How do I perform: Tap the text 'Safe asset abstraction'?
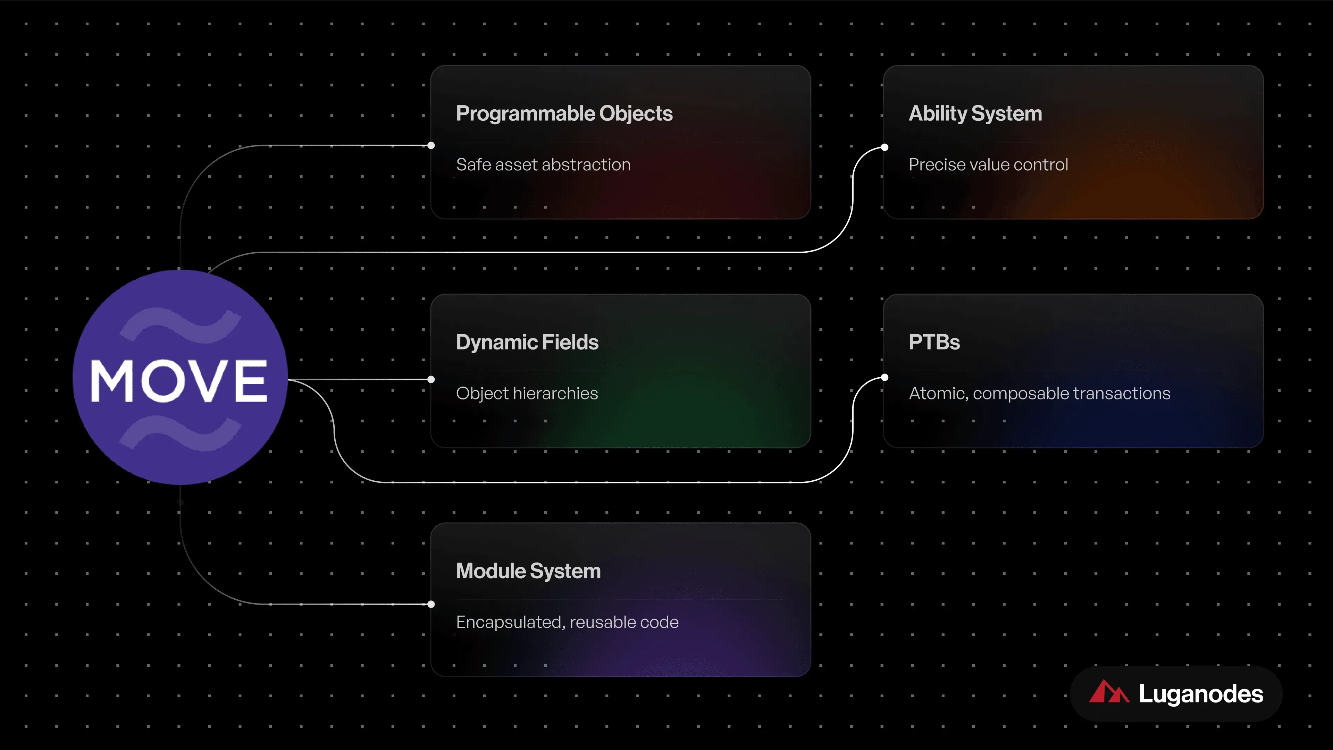(x=543, y=165)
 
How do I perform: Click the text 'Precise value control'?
(x=988, y=165)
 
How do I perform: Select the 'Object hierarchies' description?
(x=527, y=394)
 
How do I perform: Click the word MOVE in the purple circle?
(x=179, y=381)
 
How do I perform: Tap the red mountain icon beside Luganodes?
(x=1109, y=692)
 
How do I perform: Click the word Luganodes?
(x=1201, y=694)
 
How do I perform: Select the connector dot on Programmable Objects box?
(x=431, y=145)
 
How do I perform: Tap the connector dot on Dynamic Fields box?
(x=431, y=379)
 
